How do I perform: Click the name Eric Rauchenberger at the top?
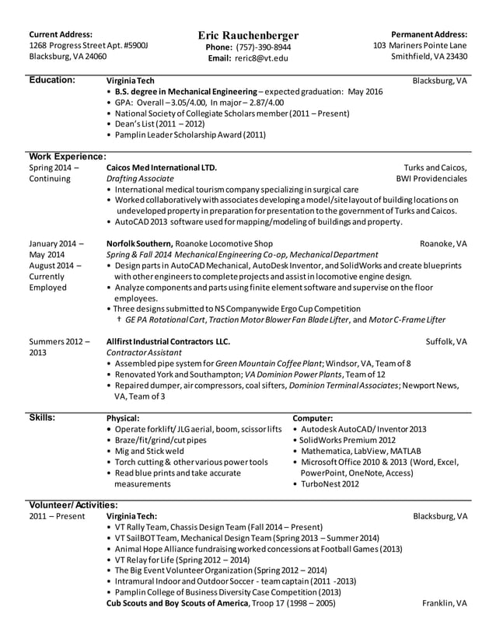click(247, 36)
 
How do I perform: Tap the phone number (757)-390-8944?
click(260, 47)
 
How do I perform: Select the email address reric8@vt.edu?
click(260, 58)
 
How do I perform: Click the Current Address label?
click(61, 34)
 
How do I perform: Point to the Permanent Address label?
click(429, 34)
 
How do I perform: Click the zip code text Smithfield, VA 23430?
click(428, 57)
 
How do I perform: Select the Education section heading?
click(52, 80)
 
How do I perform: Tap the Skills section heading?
click(42, 417)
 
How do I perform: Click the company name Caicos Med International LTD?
click(161, 167)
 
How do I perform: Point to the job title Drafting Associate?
click(140, 179)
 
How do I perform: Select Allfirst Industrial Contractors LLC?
click(168, 341)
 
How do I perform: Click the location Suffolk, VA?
click(446, 341)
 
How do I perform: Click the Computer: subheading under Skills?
click(313, 418)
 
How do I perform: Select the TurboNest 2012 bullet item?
click(330, 483)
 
